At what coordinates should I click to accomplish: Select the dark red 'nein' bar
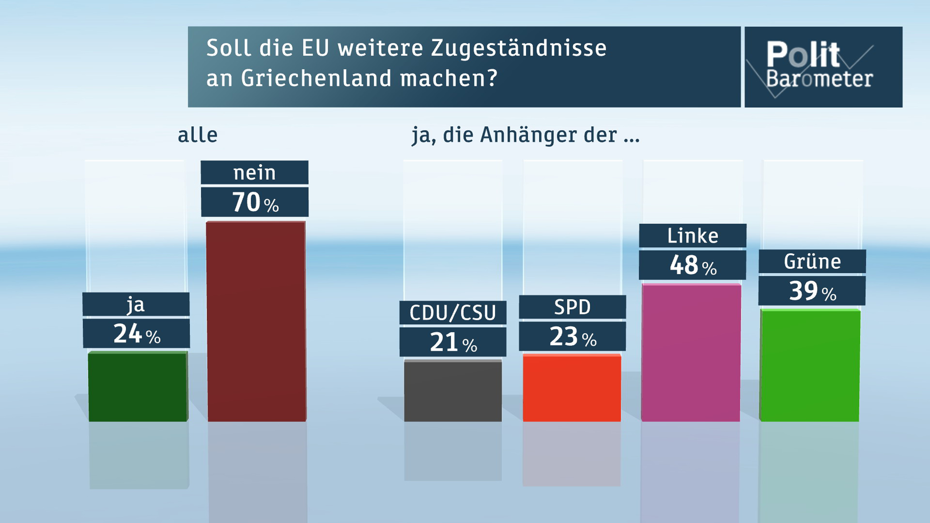click(256, 321)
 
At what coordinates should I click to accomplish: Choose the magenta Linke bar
click(691, 353)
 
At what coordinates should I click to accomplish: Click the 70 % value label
click(255, 202)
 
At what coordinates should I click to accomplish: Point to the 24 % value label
click(136, 334)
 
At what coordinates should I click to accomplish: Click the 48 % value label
click(692, 265)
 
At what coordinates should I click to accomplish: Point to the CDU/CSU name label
click(453, 313)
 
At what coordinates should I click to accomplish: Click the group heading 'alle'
click(197, 135)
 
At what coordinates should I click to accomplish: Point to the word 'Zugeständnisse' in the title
click(518, 48)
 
